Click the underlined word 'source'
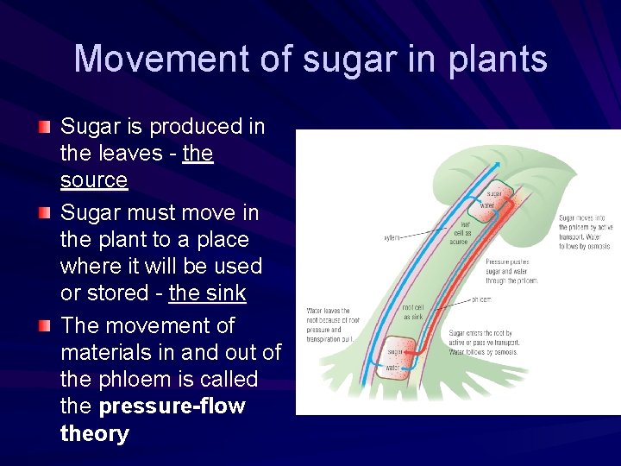[x=94, y=180]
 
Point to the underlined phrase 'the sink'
[x=207, y=293]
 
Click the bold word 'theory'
[x=94, y=433]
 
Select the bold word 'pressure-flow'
[x=172, y=406]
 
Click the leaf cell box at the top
[x=496, y=200]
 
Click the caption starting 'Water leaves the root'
[x=332, y=325]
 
